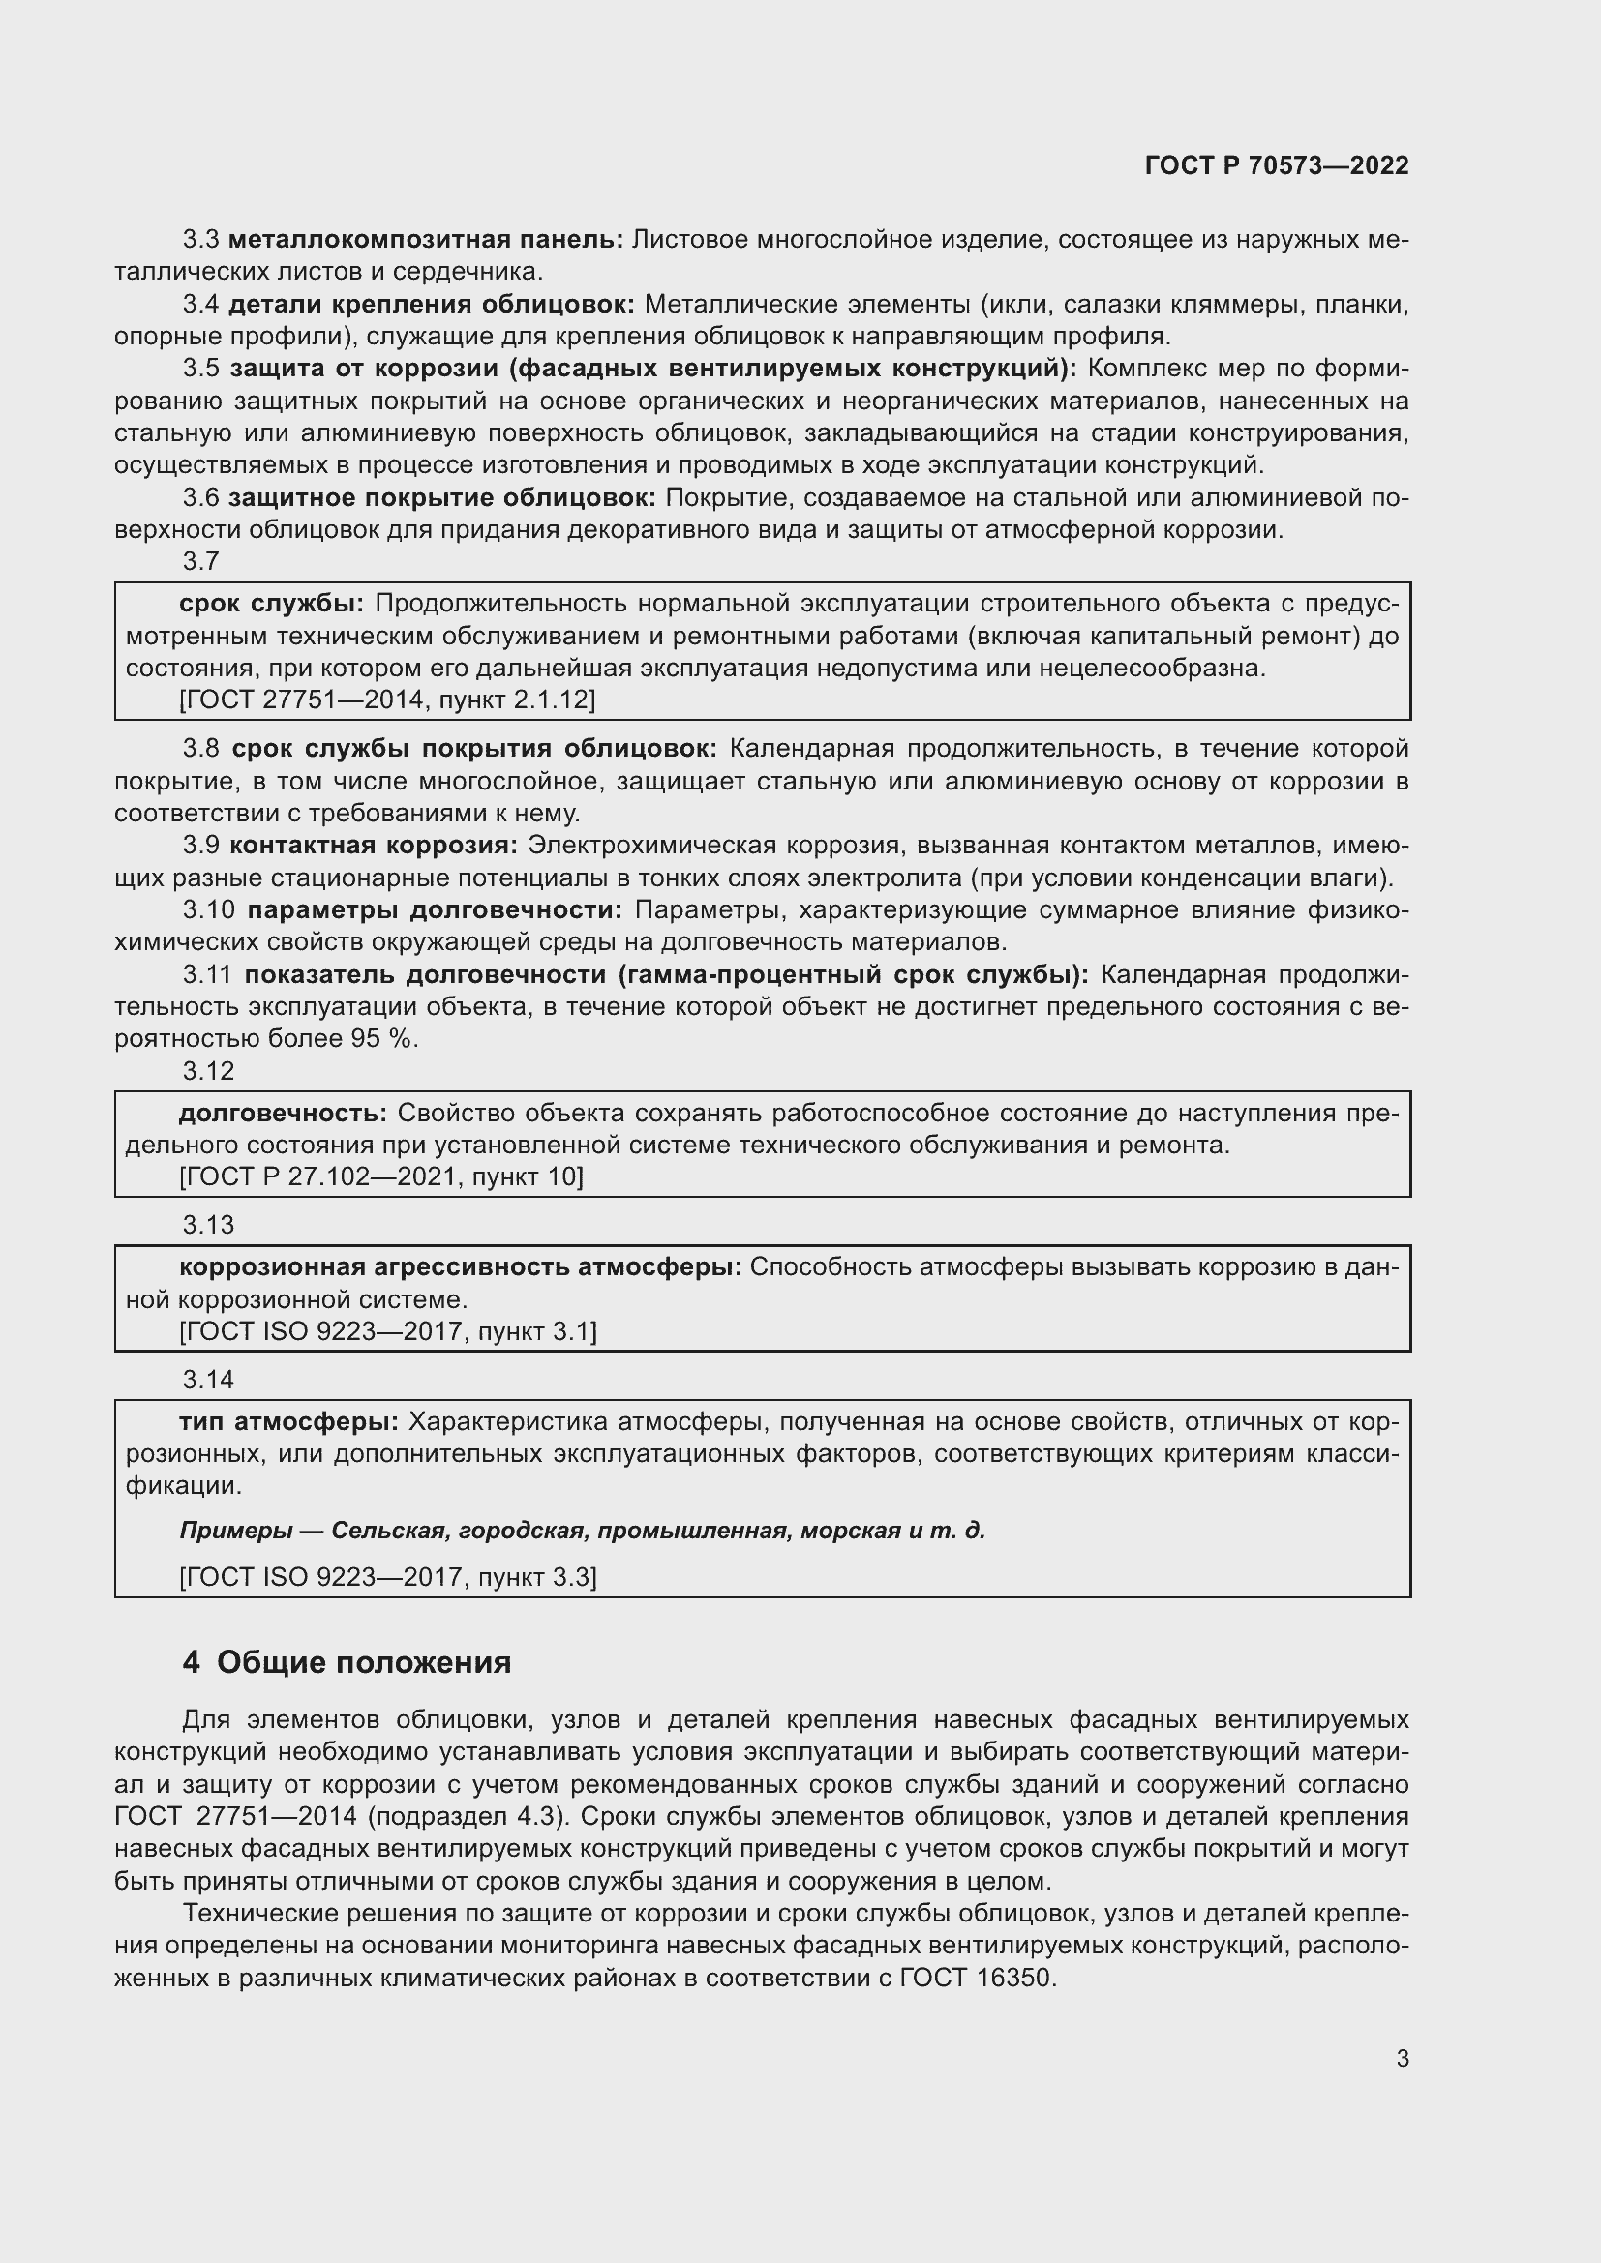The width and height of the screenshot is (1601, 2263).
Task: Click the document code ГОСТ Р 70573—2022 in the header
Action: [1277, 165]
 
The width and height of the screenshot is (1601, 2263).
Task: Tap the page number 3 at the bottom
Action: [1402, 2059]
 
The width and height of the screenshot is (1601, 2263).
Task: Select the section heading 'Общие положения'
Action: [364, 1663]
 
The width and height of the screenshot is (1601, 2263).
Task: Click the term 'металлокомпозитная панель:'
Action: [426, 240]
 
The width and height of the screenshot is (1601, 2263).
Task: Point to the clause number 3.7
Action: [201, 562]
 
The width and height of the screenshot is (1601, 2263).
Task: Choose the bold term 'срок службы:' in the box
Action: [272, 603]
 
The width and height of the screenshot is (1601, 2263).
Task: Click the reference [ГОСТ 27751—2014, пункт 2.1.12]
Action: [387, 700]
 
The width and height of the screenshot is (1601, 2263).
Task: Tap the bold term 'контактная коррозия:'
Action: [374, 846]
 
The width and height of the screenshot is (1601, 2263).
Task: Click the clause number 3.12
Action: [208, 1071]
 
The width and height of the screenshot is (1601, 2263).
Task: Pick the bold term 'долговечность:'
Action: [283, 1114]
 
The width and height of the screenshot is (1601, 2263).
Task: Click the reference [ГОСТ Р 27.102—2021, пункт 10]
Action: [381, 1176]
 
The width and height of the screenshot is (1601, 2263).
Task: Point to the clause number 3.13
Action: [208, 1225]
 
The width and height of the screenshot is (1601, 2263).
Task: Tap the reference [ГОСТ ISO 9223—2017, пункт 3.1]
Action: [388, 1331]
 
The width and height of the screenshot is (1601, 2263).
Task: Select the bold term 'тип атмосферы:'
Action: [288, 1422]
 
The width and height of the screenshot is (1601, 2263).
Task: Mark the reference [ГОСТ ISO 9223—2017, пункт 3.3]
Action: [388, 1577]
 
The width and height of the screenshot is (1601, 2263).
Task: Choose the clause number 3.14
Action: [208, 1380]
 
